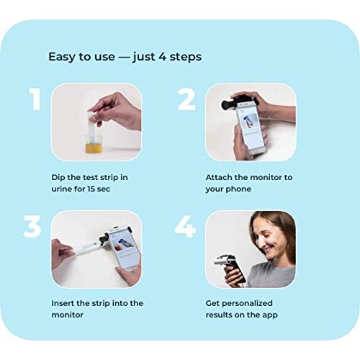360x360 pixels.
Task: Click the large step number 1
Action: pyautogui.click(x=35, y=100)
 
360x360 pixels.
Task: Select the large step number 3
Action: pyautogui.click(x=32, y=226)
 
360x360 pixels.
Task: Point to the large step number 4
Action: pyautogui.click(x=185, y=226)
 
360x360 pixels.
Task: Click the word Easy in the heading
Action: pyautogui.click(x=61, y=56)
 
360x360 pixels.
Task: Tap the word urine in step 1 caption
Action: pyautogui.click(x=63, y=188)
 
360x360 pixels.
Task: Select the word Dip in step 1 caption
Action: pyautogui.click(x=59, y=176)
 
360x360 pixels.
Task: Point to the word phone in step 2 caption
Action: pyautogui.click(x=240, y=188)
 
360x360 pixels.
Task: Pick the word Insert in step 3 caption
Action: pyautogui.click(x=65, y=303)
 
